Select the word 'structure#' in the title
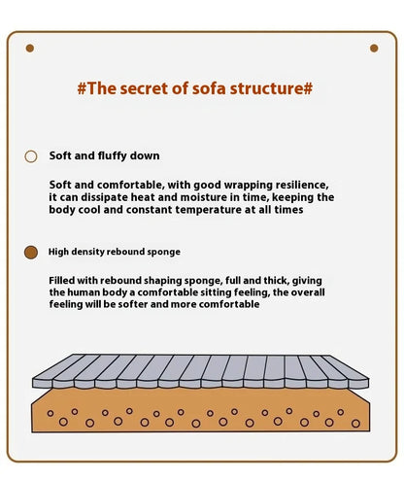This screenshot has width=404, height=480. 271,88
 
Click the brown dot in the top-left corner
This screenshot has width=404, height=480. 30,49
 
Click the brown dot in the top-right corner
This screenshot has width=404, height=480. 374,49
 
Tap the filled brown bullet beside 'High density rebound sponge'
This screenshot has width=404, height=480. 31,253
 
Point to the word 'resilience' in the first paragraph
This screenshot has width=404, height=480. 301,185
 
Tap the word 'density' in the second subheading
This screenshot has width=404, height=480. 87,252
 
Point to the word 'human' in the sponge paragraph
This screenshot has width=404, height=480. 84,292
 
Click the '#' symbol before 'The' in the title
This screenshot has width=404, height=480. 82,88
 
